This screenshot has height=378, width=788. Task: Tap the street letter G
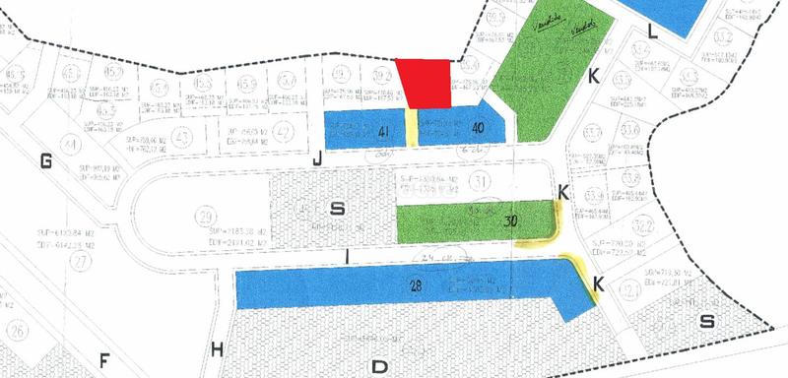pos(45,161)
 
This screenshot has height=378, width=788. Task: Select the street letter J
pos(317,160)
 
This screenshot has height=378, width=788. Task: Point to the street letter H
pos(217,347)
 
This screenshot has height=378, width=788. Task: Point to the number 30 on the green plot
pos(510,221)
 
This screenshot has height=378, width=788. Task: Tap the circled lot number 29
pos(206,218)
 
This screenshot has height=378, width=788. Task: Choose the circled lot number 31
pos(480,181)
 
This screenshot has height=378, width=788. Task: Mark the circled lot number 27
pos(78,261)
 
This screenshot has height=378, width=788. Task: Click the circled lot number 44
pos(70,145)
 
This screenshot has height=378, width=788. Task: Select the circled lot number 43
pos(179,136)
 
